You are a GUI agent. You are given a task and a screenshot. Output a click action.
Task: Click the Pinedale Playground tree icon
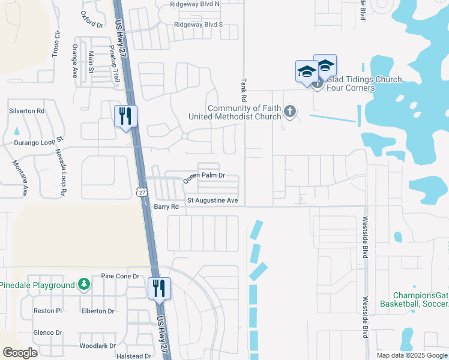click(85, 284)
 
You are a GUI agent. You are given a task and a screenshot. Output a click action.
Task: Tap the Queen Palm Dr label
click(203, 176)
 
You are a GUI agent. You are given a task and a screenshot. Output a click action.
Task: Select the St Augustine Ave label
click(212, 200)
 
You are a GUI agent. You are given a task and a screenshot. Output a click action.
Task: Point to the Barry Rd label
click(166, 206)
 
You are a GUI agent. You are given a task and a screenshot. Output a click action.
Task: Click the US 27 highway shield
click(141, 191)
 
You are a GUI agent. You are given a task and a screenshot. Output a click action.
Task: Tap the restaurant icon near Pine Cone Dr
click(160, 288)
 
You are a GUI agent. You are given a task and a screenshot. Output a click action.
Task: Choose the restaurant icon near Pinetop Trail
click(125, 116)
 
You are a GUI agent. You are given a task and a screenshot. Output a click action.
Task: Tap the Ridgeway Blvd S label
click(198, 25)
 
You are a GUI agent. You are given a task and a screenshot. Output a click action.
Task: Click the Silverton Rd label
click(26, 111)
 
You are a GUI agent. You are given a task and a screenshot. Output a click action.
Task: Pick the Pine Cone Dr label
click(120, 276)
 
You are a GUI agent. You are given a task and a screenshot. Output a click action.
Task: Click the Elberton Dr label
click(98, 311)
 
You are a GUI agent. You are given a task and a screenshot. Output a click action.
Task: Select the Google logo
click(20, 353)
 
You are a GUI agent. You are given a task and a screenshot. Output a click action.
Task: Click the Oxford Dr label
click(91, 20)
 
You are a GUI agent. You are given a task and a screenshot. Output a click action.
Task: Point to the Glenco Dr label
click(49, 332)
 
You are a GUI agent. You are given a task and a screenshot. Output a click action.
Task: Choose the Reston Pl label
click(48, 311)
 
